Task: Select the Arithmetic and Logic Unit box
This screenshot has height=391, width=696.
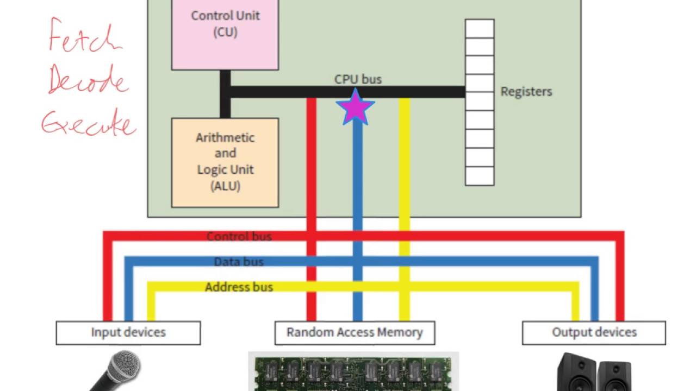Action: [225, 162]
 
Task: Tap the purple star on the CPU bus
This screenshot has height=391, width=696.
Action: [356, 106]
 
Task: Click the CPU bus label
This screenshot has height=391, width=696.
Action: [358, 79]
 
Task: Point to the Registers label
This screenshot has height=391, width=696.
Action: [526, 91]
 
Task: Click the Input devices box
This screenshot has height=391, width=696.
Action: [128, 332]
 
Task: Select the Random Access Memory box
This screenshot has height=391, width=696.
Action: [355, 332]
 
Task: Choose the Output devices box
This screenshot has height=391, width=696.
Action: [594, 332]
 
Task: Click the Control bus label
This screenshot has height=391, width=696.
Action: [239, 237]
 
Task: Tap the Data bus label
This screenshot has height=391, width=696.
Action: [238, 262]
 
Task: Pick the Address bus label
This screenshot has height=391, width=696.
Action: [239, 287]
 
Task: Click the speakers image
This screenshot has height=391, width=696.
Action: [594, 374]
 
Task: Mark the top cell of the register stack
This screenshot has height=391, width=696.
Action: [479, 29]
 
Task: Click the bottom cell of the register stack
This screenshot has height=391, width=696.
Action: [479, 176]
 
